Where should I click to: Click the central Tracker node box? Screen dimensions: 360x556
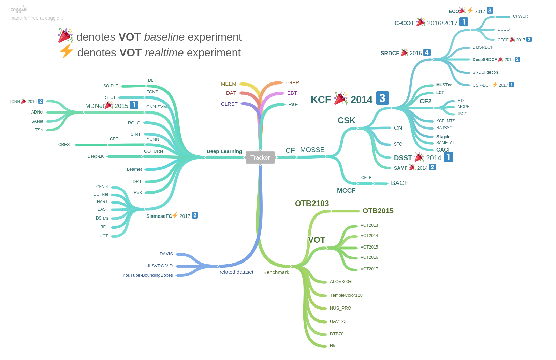[x=260, y=157]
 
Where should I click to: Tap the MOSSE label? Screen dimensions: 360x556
[x=312, y=150]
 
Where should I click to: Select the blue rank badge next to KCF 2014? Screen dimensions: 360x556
[x=382, y=98]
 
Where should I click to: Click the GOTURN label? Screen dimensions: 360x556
[x=153, y=151]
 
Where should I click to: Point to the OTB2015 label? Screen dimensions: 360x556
[x=378, y=211]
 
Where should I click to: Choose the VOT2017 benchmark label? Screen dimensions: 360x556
[x=369, y=269]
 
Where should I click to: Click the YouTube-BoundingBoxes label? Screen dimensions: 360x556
[x=148, y=275]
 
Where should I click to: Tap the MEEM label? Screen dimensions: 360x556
[x=229, y=84]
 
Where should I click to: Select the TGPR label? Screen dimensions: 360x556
[x=292, y=82]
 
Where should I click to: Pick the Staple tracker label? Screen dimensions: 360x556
[x=443, y=137]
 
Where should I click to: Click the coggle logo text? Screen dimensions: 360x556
[x=18, y=9]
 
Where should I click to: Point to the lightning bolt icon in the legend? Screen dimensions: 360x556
[x=66, y=51]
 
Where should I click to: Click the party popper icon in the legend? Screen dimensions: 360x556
[x=65, y=35]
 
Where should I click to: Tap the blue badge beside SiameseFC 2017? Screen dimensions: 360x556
[x=195, y=215]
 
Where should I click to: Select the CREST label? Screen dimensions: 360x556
[x=65, y=145]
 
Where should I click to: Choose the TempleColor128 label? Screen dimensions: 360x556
[x=346, y=295]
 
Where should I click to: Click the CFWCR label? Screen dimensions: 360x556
[x=520, y=16]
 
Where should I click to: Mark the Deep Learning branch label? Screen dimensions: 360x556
[x=224, y=151]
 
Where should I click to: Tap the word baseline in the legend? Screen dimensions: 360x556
[x=164, y=37]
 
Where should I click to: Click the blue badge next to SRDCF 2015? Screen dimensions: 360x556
[x=427, y=52]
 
